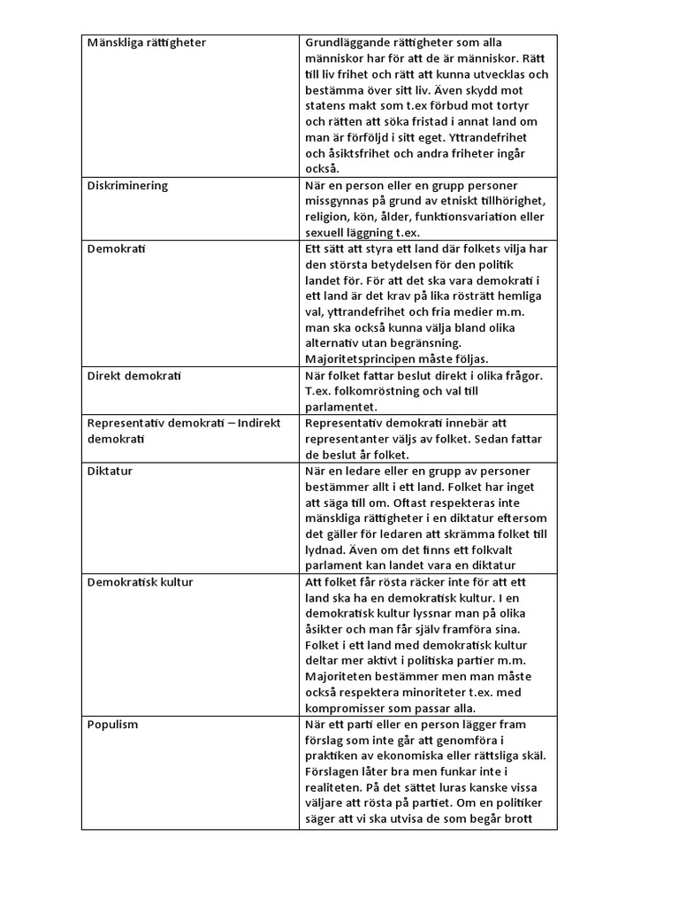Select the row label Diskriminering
[x=127, y=186]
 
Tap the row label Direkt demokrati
[x=134, y=376]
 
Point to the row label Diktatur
[x=110, y=471]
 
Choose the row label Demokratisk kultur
[x=140, y=582]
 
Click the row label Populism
[x=112, y=724]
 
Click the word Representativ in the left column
[x=126, y=423]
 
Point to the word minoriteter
[x=460, y=693]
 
